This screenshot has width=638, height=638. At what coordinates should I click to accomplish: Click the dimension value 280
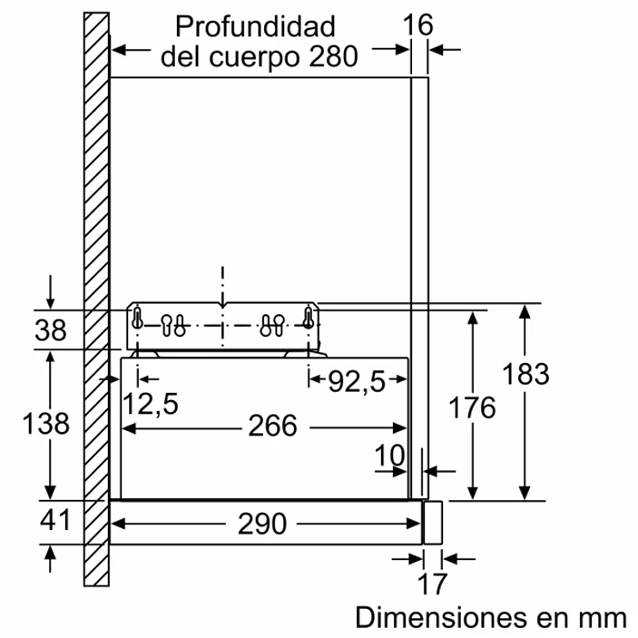point(332,56)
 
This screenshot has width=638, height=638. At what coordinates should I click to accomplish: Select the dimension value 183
point(525,374)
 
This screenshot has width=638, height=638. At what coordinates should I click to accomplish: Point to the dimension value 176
point(473,407)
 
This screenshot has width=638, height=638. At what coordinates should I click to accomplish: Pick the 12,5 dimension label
point(151,404)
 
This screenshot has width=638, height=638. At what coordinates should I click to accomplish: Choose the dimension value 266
point(273,425)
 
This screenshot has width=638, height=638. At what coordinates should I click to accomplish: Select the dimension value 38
point(51,331)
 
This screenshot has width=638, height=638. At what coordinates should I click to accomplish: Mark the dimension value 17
point(432,581)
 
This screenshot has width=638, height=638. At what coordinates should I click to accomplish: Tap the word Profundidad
point(255,25)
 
